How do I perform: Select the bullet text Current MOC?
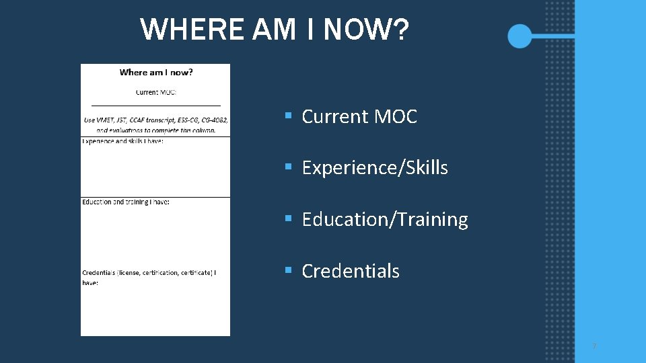click(359, 116)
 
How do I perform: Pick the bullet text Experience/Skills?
click(375, 167)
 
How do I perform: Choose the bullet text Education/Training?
click(385, 219)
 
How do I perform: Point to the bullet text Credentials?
click(351, 271)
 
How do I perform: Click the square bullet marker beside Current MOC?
click(287, 116)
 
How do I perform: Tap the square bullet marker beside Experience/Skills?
click(287, 167)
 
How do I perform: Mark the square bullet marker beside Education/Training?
click(287, 218)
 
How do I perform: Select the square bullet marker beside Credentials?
click(287, 270)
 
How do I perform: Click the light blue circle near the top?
click(519, 36)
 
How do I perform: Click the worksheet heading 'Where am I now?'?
click(155, 73)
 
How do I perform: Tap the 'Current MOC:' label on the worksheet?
click(155, 92)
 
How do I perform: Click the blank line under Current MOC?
click(155, 106)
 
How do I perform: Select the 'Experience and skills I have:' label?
click(122, 141)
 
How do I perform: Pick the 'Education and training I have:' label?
click(125, 202)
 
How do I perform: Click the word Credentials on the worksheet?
click(99, 272)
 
